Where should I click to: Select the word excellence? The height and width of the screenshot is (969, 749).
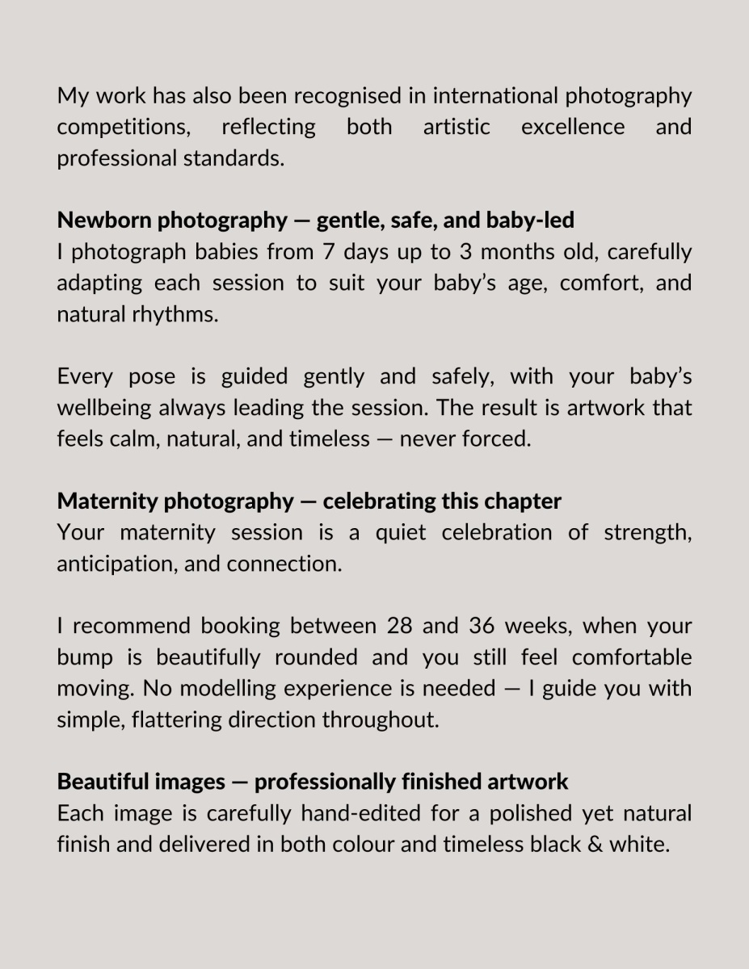[x=573, y=127]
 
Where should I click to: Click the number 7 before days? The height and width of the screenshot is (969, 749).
[x=328, y=252]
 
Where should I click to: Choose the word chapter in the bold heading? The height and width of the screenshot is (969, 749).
[x=524, y=501]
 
